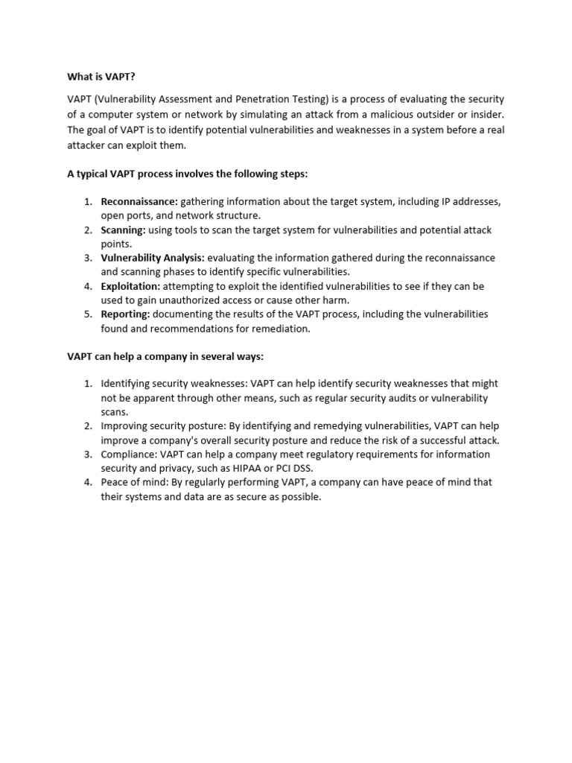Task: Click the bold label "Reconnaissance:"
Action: click(x=139, y=202)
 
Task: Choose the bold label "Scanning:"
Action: click(x=123, y=230)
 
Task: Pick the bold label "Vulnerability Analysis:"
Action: click(x=152, y=258)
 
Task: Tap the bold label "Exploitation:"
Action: click(x=130, y=286)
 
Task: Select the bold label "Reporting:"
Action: click(x=125, y=314)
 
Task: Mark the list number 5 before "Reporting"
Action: click(x=87, y=314)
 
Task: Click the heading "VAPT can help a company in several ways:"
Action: click(x=165, y=357)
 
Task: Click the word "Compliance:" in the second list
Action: click(x=127, y=454)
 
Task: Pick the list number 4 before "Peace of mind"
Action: click(x=87, y=482)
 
